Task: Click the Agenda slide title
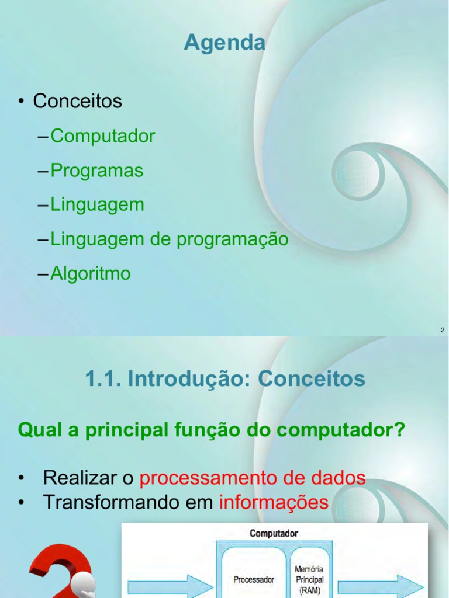click(224, 43)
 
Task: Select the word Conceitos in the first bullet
click(77, 101)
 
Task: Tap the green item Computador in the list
click(103, 136)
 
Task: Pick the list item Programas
click(96, 171)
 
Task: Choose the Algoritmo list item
click(91, 273)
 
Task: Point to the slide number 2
click(443, 331)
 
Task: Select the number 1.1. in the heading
click(103, 379)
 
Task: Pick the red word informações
click(274, 502)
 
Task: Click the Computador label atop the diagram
click(274, 533)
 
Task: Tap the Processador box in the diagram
click(254, 579)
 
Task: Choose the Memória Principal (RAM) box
click(309, 579)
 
